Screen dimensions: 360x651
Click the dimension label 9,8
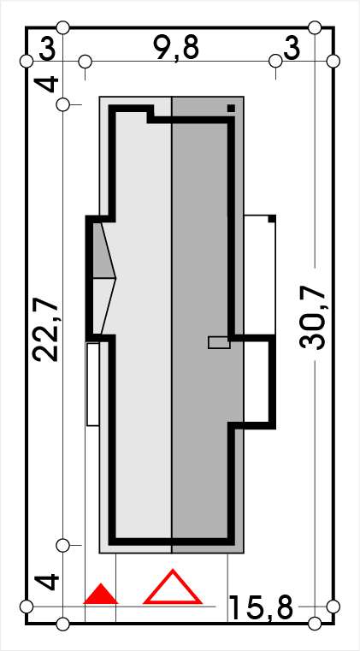click(x=176, y=48)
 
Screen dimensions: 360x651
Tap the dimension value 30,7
click(x=312, y=319)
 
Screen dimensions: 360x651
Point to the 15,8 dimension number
click(x=261, y=607)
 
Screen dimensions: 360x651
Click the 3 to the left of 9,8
click(x=47, y=50)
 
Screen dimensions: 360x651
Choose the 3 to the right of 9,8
click(x=291, y=50)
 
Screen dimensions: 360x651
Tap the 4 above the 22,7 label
click(x=49, y=85)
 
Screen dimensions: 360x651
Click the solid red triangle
click(x=101, y=595)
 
